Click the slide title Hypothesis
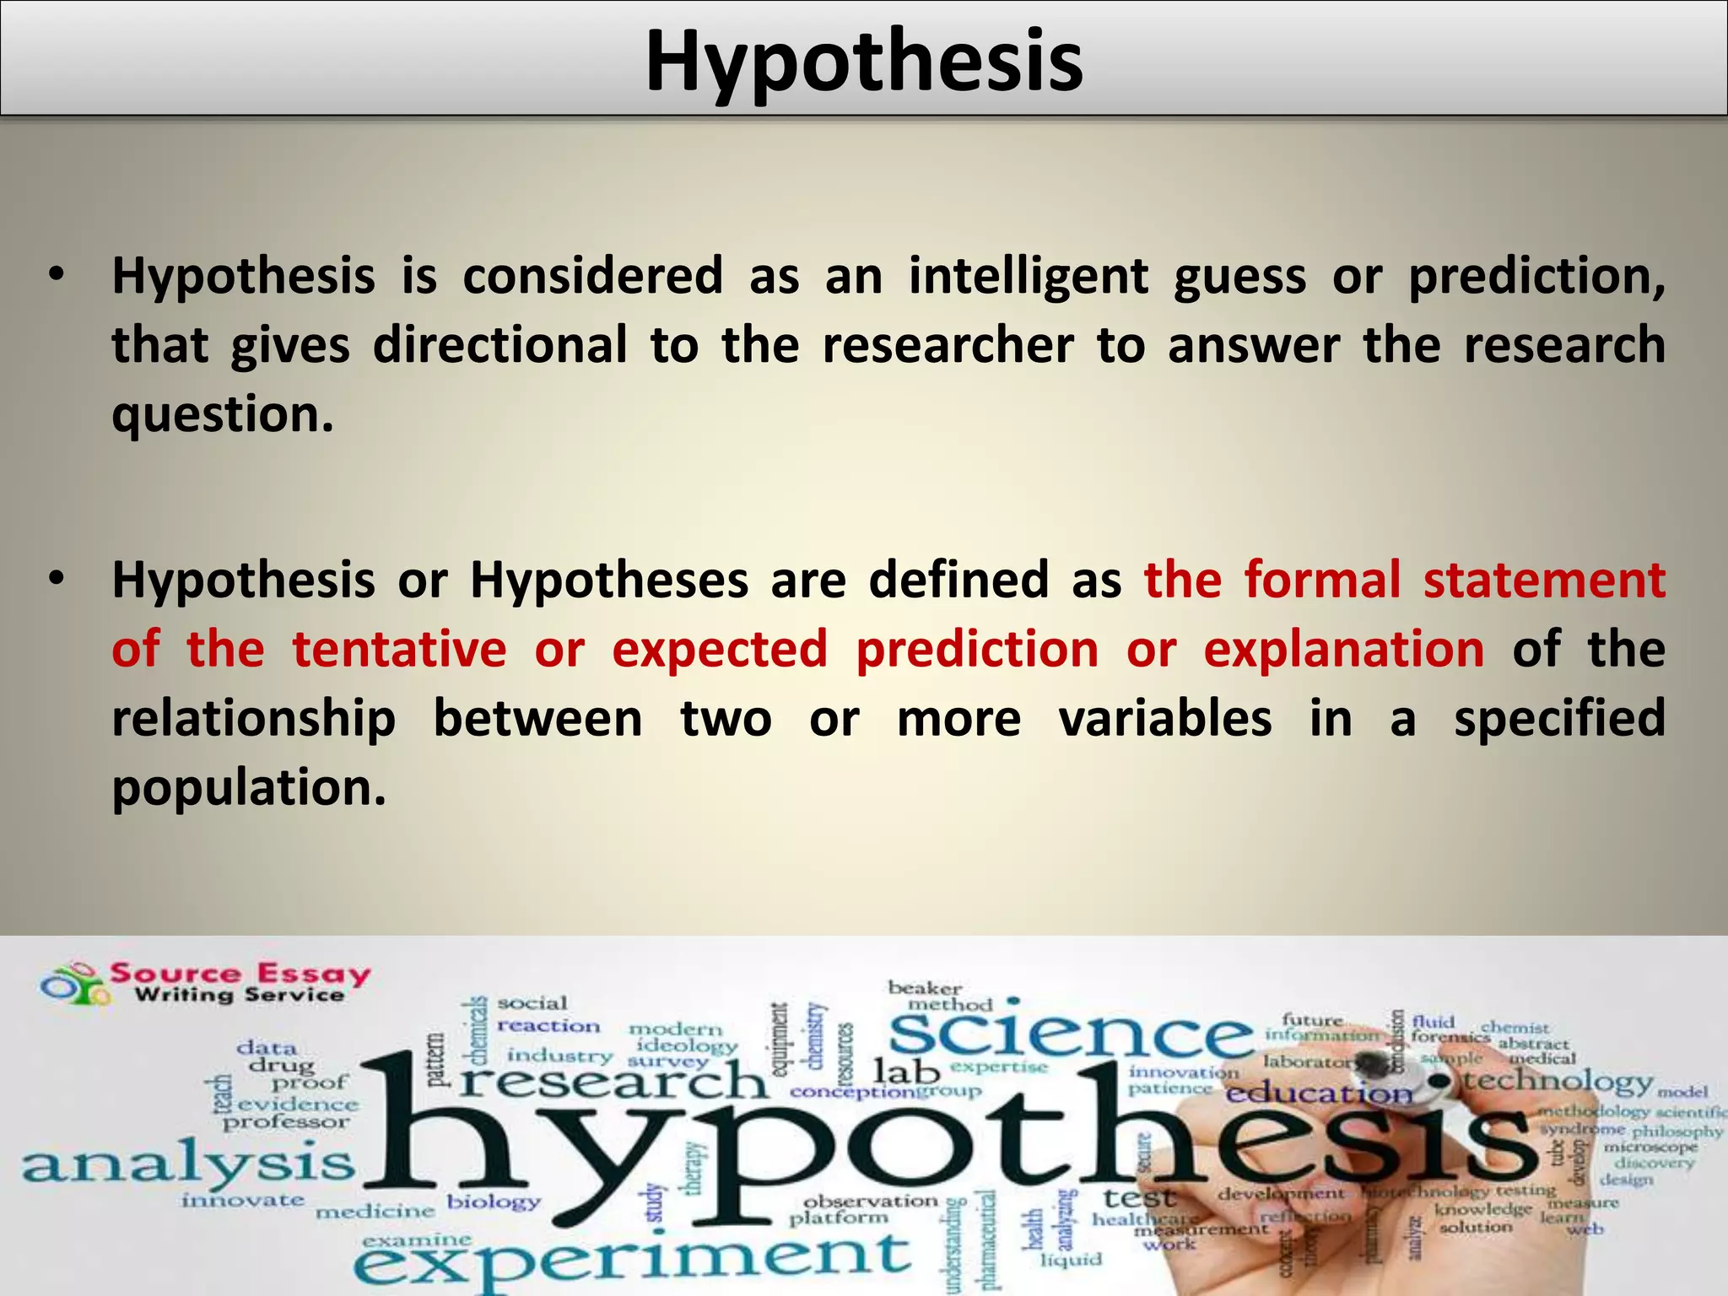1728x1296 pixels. point(864,61)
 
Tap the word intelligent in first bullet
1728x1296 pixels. point(1028,277)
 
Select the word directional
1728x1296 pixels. point(499,345)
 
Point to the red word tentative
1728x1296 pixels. point(399,650)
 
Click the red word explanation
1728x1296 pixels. point(1343,650)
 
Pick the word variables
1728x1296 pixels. point(1164,719)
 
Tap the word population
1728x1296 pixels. point(249,788)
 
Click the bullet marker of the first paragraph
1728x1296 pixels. point(56,275)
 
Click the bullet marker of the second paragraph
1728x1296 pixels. point(56,580)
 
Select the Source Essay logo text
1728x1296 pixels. point(240,983)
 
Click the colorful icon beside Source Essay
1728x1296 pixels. point(74,984)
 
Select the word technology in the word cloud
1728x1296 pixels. point(1558,1081)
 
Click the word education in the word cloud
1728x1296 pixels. point(1318,1094)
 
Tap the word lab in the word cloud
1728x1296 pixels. point(906,1072)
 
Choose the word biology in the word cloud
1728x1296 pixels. point(494,1201)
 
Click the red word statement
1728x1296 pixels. point(1544,580)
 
